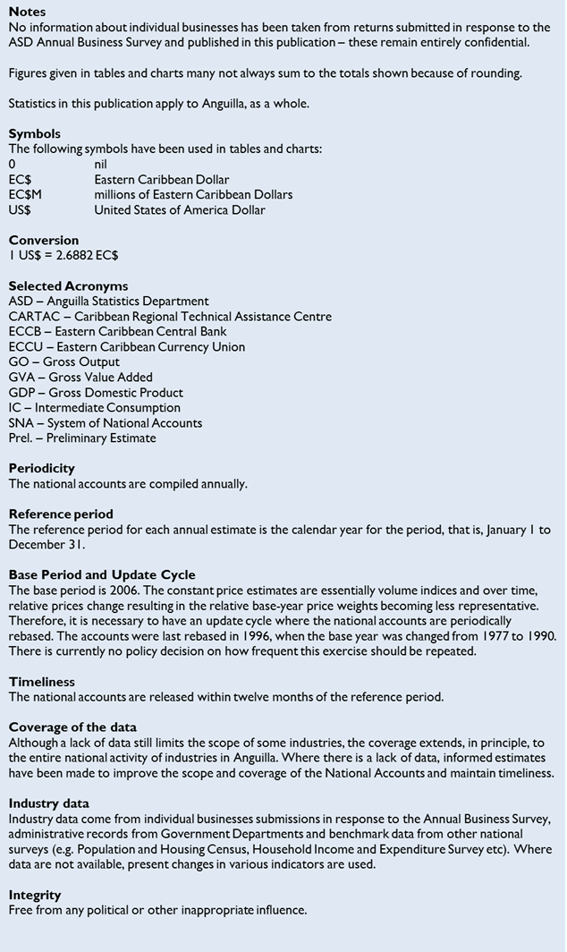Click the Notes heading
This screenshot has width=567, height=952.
27,13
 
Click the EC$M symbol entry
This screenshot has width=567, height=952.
25,195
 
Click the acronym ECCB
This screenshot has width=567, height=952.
26,332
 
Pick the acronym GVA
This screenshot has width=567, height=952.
23,378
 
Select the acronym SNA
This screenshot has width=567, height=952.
22,423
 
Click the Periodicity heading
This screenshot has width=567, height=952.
42,469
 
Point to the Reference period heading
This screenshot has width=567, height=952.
61,514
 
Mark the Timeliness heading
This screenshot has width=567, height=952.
40,682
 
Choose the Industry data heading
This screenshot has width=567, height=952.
49,803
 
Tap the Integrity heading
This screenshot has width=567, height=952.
35,895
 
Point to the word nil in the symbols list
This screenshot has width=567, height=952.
100,165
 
